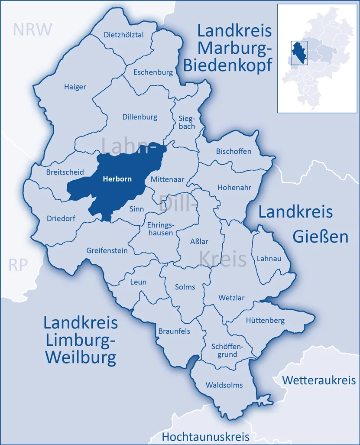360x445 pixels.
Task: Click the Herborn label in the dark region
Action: (x=117, y=178)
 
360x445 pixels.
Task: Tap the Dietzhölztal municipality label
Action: (x=123, y=35)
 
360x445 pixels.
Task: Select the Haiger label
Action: (x=75, y=87)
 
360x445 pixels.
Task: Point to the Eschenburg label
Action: (x=153, y=72)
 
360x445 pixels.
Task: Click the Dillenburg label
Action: (x=140, y=117)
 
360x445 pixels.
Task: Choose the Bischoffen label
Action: (x=234, y=151)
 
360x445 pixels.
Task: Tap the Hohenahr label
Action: (x=234, y=188)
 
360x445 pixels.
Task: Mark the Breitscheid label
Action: (x=65, y=172)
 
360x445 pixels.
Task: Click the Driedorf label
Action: (x=61, y=218)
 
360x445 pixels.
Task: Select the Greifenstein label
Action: (x=107, y=250)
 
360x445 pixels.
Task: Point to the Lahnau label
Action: (x=269, y=259)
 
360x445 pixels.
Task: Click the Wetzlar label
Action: (x=231, y=298)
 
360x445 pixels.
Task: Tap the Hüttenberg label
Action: (x=265, y=320)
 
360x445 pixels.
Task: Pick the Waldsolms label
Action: (x=224, y=385)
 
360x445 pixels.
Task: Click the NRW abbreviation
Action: (x=32, y=29)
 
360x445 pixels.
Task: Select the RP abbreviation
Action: (x=18, y=265)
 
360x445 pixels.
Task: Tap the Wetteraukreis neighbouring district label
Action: (x=319, y=380)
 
